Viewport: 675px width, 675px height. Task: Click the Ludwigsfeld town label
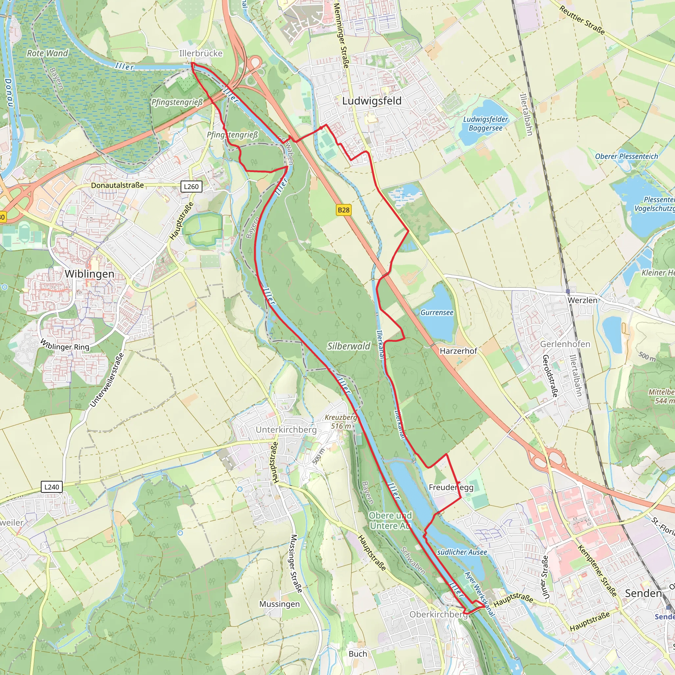(372, 101)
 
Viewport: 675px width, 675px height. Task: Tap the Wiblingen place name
(89, 274)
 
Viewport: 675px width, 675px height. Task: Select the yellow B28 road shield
(343, 210)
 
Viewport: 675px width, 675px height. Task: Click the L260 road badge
(191, 187)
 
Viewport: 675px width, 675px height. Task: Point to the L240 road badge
(52, 487)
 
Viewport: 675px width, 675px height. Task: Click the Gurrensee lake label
(437, 313)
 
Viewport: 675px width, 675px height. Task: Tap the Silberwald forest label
(348, 346)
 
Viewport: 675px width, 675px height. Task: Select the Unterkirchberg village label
(286, 430)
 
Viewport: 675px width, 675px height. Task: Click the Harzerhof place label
(458, 351)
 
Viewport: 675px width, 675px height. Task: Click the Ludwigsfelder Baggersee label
(485, 124)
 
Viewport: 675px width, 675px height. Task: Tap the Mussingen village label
(279, 604)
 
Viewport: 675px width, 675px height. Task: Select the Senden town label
(643, 593)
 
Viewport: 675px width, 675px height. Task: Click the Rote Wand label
(47, 53)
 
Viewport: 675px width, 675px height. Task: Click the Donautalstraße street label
(117, 185)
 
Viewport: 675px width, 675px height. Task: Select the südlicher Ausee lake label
(462, 552)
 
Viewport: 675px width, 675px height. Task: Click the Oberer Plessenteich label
(627, 157)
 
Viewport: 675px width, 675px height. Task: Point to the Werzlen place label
(582, 301)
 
